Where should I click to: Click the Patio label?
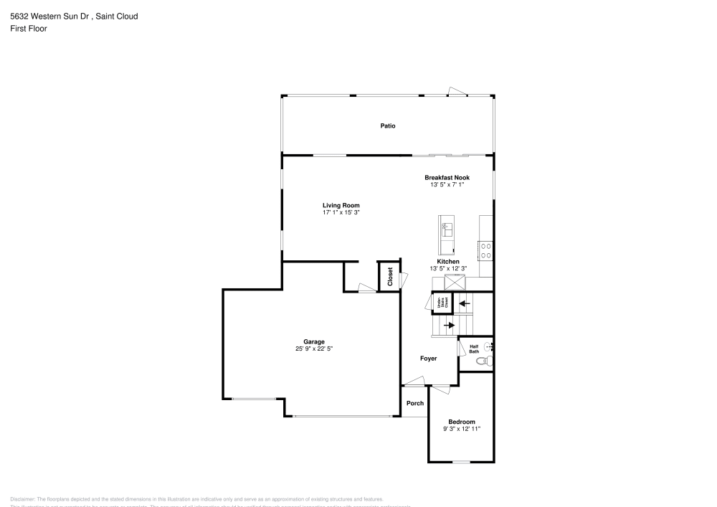388,125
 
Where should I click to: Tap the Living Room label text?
341,205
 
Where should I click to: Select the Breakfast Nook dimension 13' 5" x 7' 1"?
447,184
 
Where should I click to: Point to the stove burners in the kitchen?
486,250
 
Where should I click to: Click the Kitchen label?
448,262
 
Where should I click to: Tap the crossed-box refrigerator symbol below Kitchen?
453,280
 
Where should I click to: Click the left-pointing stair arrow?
465,303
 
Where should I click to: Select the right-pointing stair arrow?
449,325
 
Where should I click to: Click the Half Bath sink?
489,346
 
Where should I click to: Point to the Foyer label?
428,359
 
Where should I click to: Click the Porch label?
415,403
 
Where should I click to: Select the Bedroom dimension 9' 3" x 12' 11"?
461,429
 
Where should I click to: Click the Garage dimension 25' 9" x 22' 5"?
313,349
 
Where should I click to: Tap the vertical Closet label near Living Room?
390,277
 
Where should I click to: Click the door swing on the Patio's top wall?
456,91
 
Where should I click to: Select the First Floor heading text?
29,29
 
